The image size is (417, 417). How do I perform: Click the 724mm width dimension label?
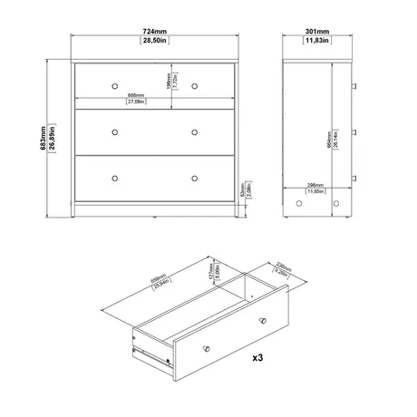pos(153,34)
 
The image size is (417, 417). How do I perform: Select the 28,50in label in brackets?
pos(153,42)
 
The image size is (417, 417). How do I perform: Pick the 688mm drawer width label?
pos(137,95)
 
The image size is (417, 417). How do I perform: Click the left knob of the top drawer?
pos(115,84)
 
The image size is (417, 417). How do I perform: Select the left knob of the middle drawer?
pos(115,131)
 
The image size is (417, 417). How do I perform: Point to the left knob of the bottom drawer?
pos(115,176)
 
